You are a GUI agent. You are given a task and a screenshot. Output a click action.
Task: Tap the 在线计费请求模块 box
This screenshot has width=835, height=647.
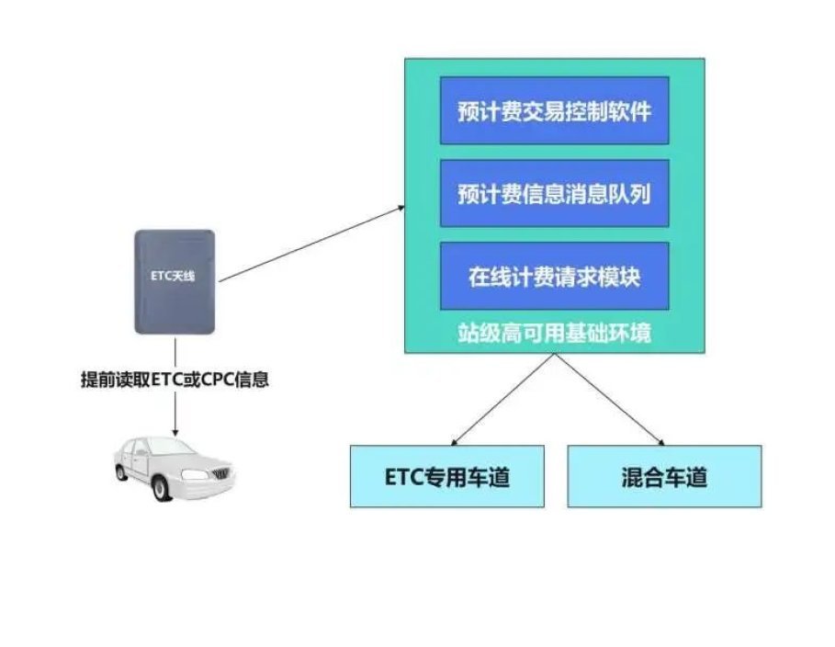pos(554,276)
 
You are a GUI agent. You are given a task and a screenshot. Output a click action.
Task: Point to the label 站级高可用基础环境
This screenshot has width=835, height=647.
pos(554,333)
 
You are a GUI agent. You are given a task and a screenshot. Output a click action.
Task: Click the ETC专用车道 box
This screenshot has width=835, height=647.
pos(446,476)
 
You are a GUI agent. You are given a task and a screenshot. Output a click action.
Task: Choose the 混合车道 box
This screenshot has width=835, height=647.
pos(664,476)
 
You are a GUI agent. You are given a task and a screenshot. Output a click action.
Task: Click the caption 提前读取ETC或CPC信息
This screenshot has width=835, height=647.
pos(175,379)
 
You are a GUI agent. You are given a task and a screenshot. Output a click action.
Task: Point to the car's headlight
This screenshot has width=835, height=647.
pos(195,473)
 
